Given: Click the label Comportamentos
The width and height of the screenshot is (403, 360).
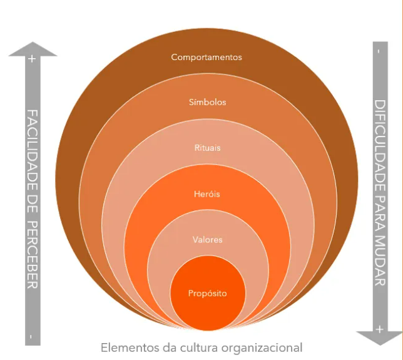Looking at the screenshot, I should (x=207, y=57).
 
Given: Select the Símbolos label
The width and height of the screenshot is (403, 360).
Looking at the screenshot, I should (x=207, y=101).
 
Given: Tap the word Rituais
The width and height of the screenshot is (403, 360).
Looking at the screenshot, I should (x=207, y=148).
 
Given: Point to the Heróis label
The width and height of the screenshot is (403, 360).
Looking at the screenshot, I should (x=207, y=194).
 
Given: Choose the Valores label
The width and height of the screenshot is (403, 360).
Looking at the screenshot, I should (x=207, y=240).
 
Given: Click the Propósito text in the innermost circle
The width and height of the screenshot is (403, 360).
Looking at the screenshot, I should (x=207, y=293).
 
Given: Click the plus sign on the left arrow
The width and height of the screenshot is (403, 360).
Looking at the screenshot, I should (x=32, y=59).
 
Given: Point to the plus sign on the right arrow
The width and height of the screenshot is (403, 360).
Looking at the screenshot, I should (x=379, y=329).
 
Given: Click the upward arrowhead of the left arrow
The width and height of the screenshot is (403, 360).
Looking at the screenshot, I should (x=33, y=48).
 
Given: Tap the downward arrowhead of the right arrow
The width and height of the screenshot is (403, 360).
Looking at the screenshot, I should (x=379, y=339).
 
